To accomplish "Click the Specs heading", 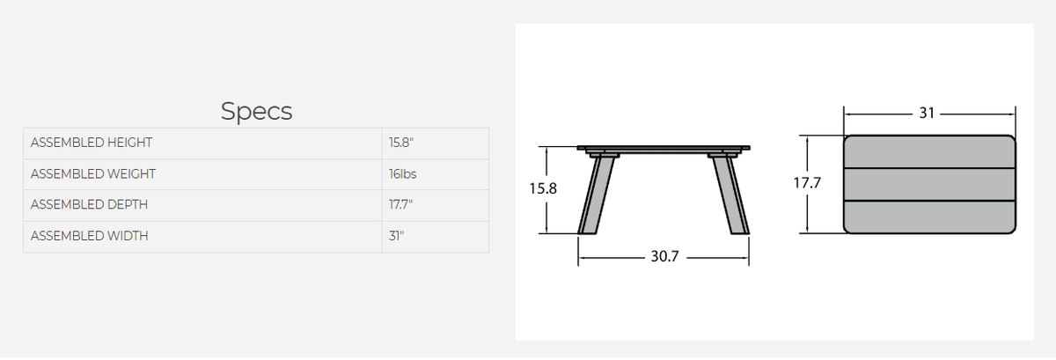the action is (256, 112).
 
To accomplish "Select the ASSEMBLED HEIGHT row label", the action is (92, 143).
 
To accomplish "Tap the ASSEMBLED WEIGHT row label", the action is (93, 174).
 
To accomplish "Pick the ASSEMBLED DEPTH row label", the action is (89, 205).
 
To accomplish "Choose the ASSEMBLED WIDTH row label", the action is (89, 236).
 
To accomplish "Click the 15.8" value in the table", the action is (401, 143).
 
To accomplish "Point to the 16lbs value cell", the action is (403, 174).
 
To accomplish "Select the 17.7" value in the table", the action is (400, 205).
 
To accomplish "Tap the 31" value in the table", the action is (397, 236).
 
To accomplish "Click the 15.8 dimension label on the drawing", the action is (543, 188).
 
